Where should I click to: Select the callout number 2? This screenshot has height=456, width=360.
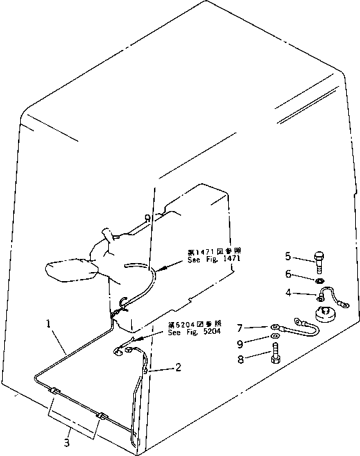pos(178,367)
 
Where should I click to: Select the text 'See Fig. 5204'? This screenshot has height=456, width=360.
pos(194,331)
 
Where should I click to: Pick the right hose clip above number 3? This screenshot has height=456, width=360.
pos(103,416)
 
